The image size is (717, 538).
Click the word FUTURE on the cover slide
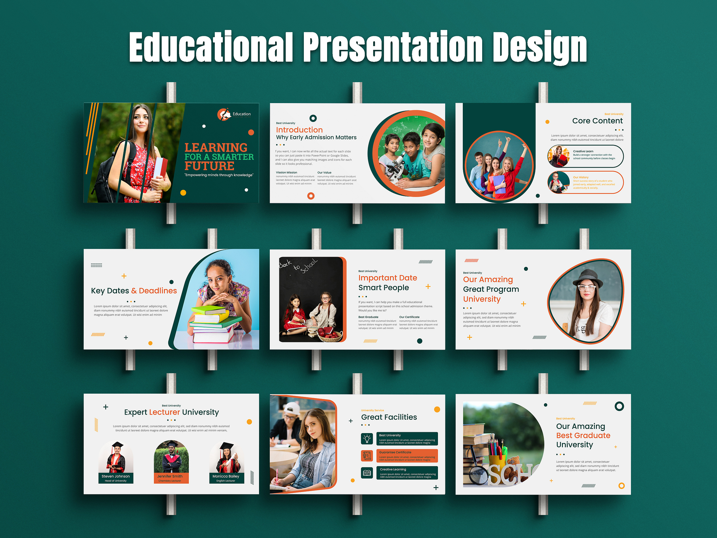(x=209, y=166)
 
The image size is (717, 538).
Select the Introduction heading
(x=299, y=130)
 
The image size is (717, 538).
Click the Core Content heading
(x=597, y=121)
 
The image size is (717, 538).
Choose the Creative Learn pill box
(x=585, y=156)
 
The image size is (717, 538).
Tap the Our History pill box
(x=585, y=182)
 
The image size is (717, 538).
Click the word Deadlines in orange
(x=157, y=291)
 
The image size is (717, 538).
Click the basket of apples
(x=330, y=334)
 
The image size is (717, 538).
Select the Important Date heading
(x=387, y=278)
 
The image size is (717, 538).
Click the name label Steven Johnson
(x=116, y=476)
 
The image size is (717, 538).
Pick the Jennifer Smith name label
(x=170, y=476)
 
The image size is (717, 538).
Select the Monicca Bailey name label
(x=226, y=476)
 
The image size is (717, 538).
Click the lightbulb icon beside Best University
(x=367, y=439)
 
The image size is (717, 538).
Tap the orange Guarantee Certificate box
(x=407, y=456)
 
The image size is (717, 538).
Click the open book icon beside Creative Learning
(x=367, y=473)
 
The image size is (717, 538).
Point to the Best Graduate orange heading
(x=583, y=435)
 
